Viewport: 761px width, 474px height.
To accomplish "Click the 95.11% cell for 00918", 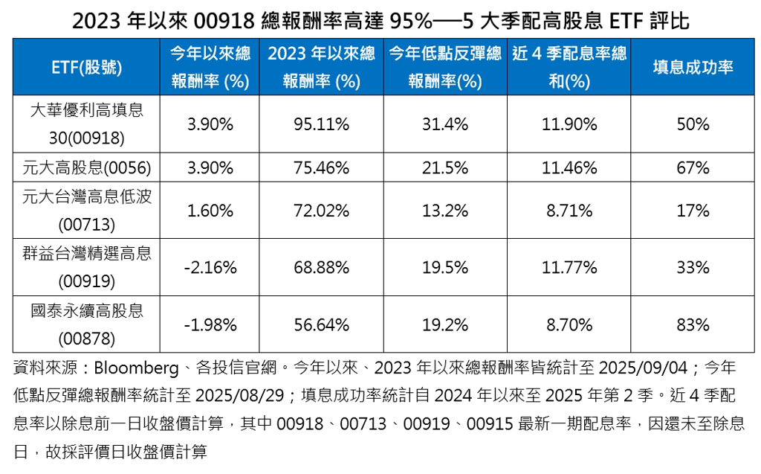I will [x=321, y=124].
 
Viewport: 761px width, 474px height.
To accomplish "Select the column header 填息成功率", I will [x=693, y=67].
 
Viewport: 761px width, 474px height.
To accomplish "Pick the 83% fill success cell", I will [x=693, y=324].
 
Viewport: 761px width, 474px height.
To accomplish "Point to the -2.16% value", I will [x=210, y=267].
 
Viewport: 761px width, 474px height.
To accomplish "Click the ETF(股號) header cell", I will [x=87, y=67].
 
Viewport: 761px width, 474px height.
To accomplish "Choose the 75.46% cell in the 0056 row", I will [x=321, y=168].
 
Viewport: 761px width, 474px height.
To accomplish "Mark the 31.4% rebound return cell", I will [x=445, y=124].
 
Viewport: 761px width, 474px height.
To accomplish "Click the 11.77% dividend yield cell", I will [x=569, y=267].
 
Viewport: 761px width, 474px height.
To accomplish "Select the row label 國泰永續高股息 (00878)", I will [x=87, y=324].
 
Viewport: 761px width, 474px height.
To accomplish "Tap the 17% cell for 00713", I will [x=693, y=211].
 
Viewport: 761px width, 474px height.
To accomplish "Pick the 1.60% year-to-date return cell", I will [x=210, y=211].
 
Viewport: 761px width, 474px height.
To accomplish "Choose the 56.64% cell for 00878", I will [x=321, y=324].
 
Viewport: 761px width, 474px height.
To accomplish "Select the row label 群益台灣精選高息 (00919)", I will [x=87, y=267].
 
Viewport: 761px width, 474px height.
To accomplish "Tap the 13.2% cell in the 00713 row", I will [x=445, y=211].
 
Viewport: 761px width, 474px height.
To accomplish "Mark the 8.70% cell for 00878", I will [x=569, y=324].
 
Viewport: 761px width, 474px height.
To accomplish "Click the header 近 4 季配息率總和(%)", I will [x=569, y=67].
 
